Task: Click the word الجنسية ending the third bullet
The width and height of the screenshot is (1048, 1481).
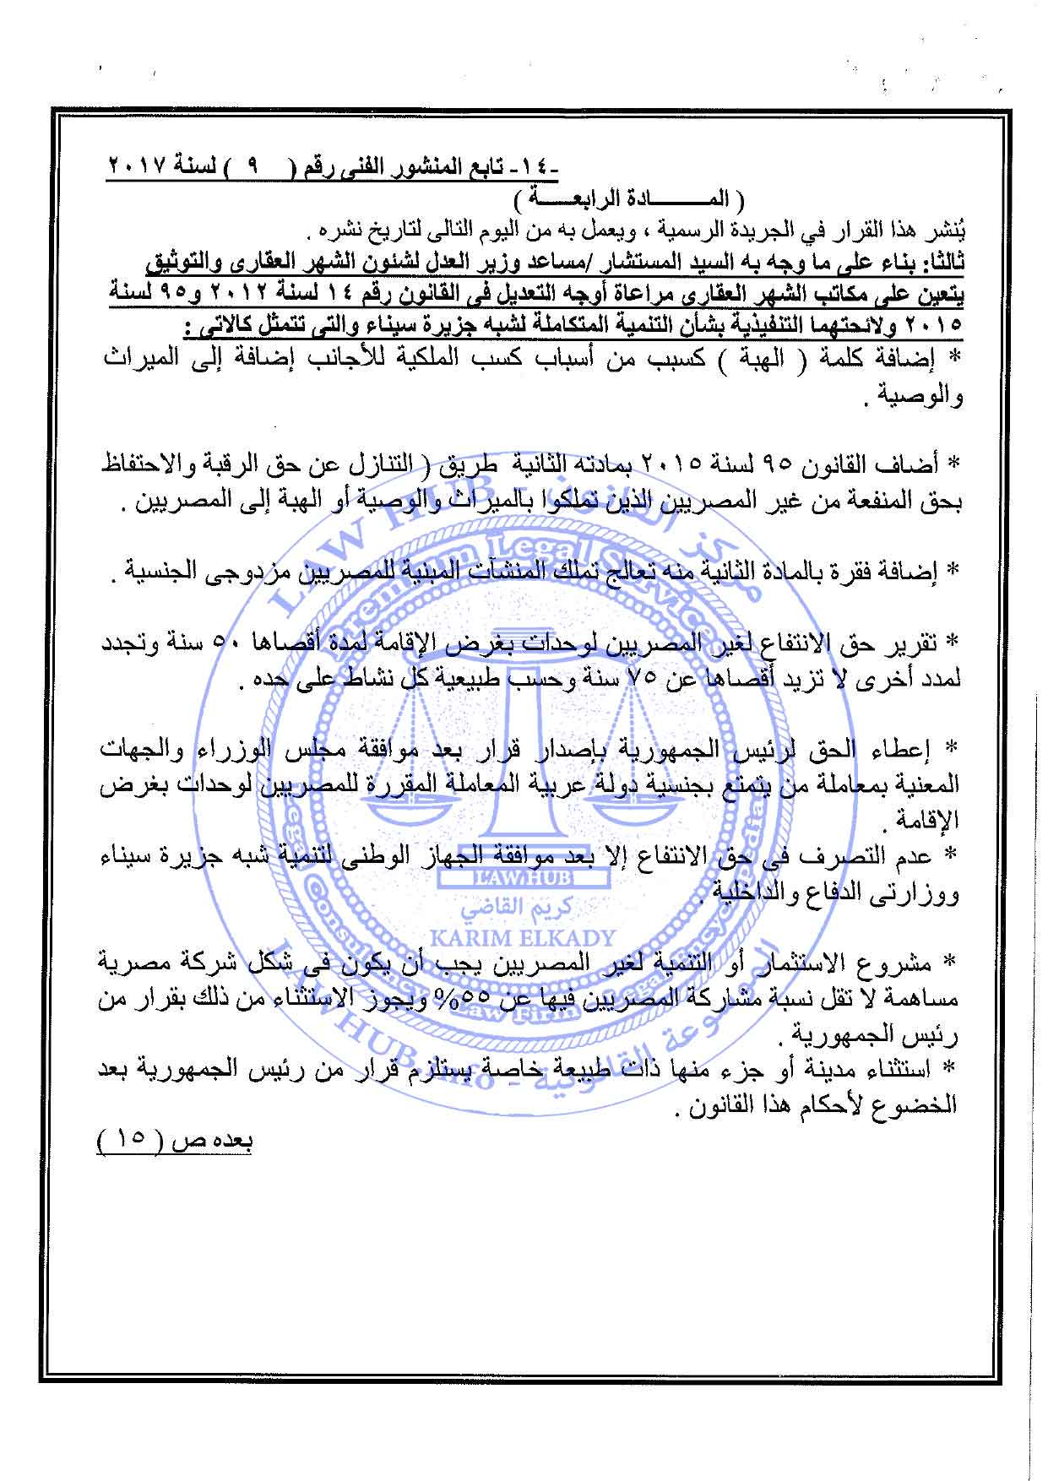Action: [x=160, y=574]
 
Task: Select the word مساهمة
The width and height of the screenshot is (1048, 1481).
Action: [x=928, y=1000]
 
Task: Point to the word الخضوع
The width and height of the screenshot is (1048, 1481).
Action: [x=921, y=1106]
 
